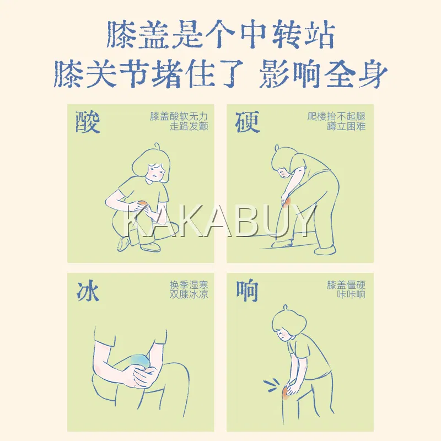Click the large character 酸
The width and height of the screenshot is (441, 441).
[x=88, y=122]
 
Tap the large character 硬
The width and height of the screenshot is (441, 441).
[x=247, y=122]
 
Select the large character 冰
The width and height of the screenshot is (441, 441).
[x=88, y=291]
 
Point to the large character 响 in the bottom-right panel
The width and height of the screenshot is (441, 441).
[x=247, y=291]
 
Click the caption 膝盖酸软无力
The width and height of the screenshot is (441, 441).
[x=179, y=116]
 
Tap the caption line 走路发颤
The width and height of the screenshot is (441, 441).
[x=189, y=126]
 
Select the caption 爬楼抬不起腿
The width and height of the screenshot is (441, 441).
[x=336, y=116]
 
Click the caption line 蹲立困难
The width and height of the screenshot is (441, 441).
[x=346, y=126]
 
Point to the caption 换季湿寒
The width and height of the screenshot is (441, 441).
[x=189, y=285]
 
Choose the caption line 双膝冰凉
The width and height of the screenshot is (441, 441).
[x=189, y=294]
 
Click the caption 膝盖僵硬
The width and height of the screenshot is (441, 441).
[x=346, y=285]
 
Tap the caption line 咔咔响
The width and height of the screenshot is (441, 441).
[x=351, y=294]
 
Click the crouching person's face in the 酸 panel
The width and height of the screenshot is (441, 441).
[x=154, y=172]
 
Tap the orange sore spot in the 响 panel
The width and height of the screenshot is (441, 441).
[x=286, y=392]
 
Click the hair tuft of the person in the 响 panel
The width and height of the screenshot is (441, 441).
[x=286, y=307]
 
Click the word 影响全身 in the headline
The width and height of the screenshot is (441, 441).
[x=323, y=74]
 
